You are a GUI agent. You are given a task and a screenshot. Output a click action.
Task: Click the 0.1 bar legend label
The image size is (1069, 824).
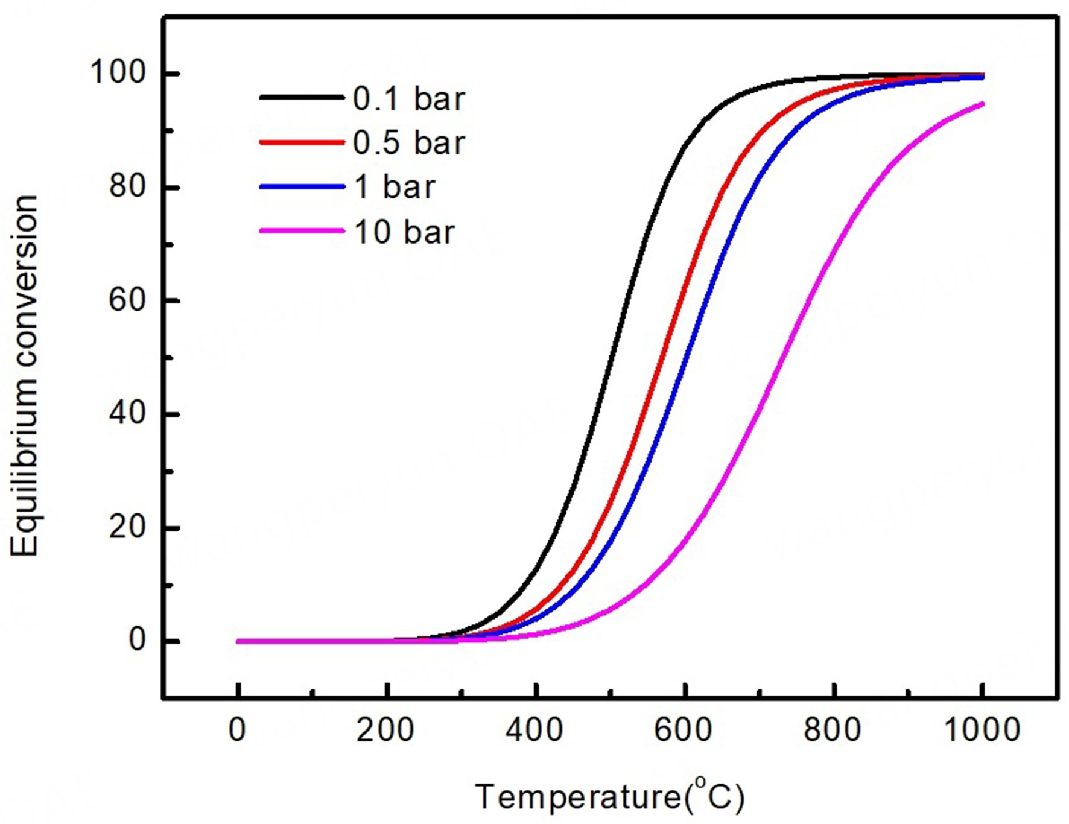[x=409, y=99]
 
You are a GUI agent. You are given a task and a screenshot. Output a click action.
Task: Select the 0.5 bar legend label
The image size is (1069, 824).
[x=409, y=143]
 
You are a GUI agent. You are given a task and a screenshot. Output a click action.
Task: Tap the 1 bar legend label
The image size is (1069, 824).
[x=394, y=187]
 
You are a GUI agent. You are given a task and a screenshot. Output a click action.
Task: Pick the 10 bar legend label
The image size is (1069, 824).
[x=404, y=232]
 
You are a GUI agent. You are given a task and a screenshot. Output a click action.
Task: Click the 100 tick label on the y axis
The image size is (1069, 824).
[x=118, y=73]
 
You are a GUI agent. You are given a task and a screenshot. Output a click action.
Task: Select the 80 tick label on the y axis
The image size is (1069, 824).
[x=127, y=187]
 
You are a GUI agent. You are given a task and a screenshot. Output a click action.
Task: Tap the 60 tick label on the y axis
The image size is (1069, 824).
[x=127, y=300]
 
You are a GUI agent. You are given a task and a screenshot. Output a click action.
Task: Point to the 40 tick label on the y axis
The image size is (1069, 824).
[x=127, y=414]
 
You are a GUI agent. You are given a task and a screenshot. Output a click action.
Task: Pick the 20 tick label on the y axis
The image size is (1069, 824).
[x=127, y=528]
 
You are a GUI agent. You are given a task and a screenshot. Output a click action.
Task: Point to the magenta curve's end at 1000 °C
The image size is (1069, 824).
[x=983, y=104]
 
